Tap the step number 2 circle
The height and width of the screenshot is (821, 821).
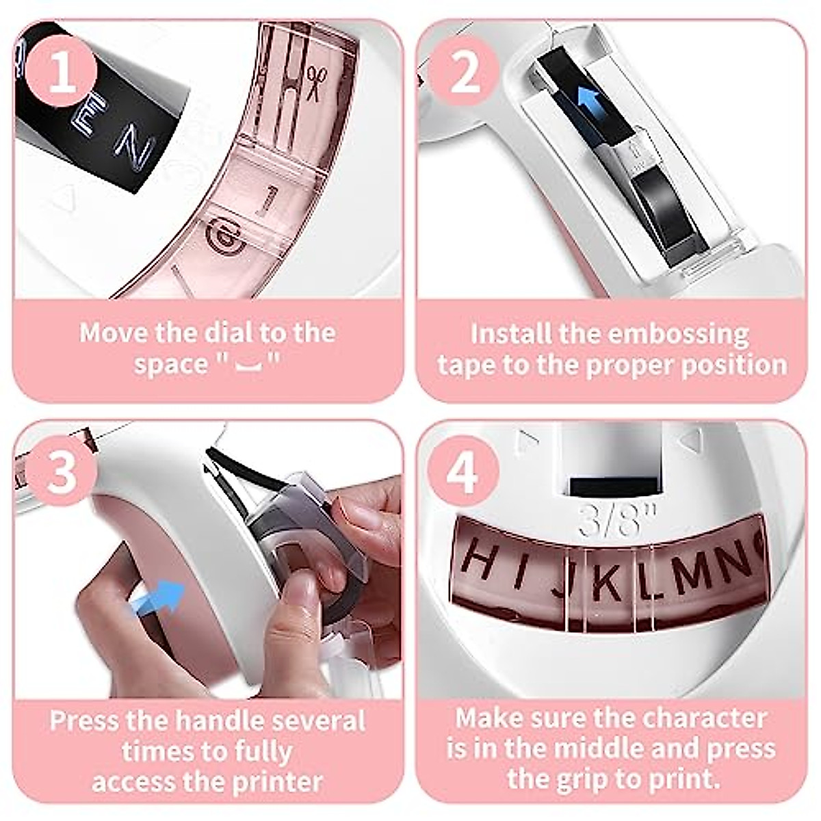(x=465, y=73)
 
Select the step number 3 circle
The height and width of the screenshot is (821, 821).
(x=62, y=471)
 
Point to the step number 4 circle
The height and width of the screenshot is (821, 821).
(x=462, y=471)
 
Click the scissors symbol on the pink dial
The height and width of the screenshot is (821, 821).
(x=314, y=82)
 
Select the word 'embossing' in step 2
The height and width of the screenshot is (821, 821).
(x=678, y=334)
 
